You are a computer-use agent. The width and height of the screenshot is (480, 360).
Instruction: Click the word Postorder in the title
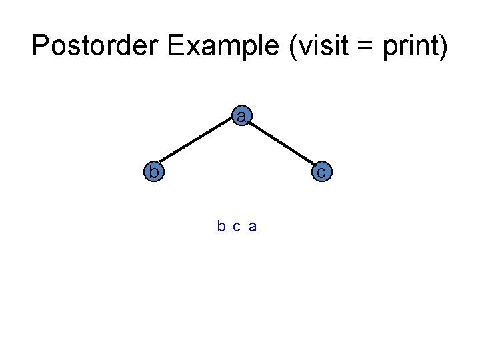coord(95,46)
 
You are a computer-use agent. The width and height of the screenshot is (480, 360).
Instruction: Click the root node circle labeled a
coord(241,117)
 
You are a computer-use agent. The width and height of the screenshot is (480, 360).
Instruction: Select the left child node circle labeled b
coord(154,171)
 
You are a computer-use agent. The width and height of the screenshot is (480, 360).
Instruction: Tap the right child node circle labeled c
coord(321,172)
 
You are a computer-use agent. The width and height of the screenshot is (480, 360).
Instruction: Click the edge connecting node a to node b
coord(197,144)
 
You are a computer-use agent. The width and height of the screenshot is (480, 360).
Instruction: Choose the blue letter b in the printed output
coord(221,227)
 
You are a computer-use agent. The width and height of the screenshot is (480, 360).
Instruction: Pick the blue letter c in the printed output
coord(237,227)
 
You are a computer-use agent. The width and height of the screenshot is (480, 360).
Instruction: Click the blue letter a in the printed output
coord(253,227)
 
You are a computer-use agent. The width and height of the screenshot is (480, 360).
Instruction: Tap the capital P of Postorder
coord(41,46)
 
